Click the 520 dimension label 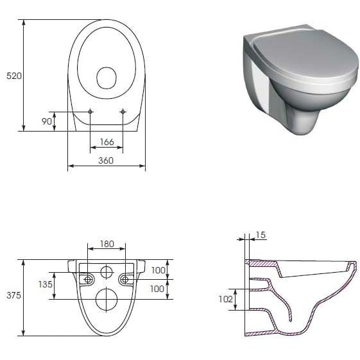click(x=13, y=76)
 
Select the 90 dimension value click(x=47, y=121)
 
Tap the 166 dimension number click(x=107, y=142)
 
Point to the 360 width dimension click(x=106, y=160)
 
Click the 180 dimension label click(x=107, y=244)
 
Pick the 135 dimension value click(x=45, y=284)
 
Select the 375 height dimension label click(x=13, y=295)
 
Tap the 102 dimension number click(x=226, y=299)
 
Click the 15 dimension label click(x=261, y=235)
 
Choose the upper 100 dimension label click(x=159, y=270)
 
